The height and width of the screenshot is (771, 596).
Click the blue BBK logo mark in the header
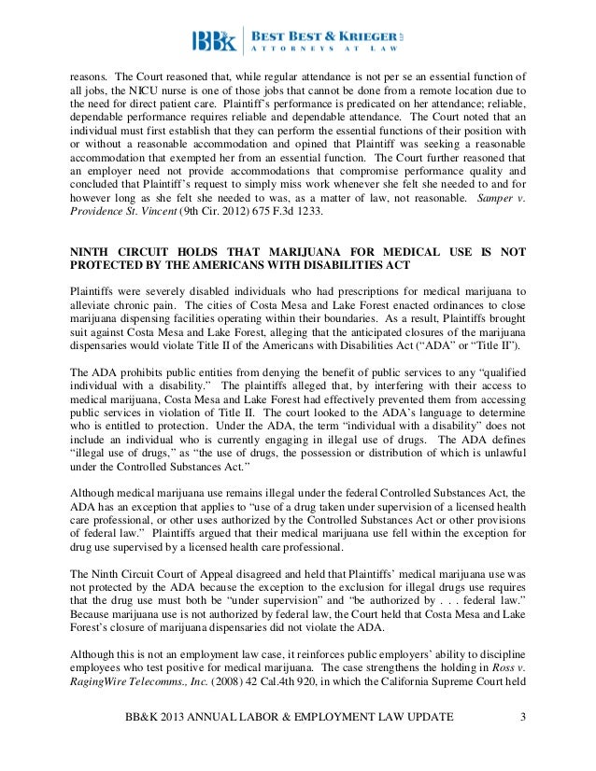[x=214, y=41]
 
